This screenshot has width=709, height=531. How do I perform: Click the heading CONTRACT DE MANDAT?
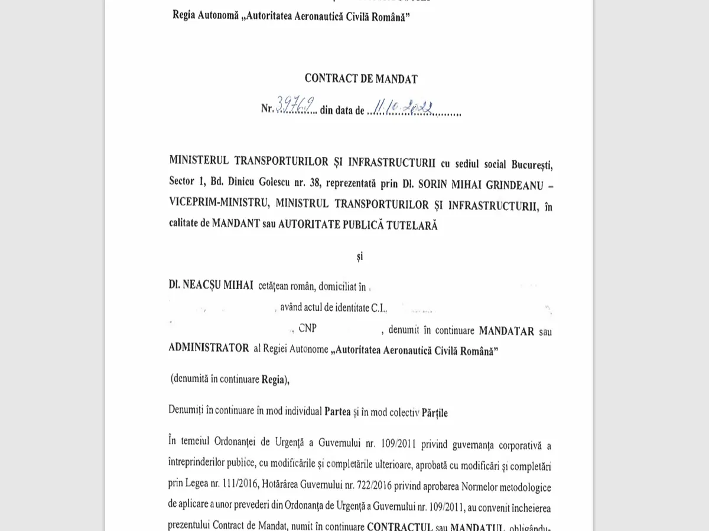click(361, 78)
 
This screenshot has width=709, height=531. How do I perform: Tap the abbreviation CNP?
click(307, 330)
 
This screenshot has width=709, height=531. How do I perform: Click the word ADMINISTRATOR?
click(209, 348)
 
